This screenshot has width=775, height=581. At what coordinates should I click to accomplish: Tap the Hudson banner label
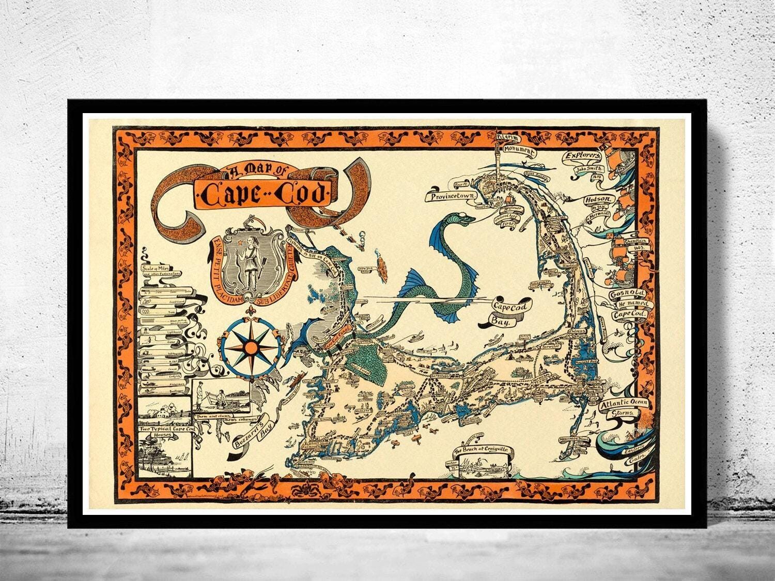[x=598, y=200]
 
